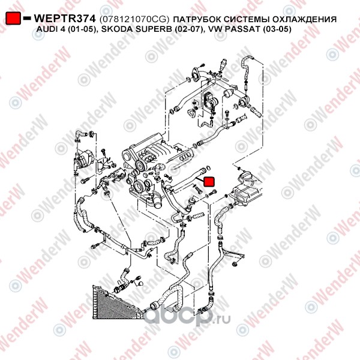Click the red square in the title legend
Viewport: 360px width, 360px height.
[x=13, y=18]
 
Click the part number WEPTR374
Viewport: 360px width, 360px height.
[x=65, y=19]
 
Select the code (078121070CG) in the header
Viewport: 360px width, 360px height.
[x=134, y=19]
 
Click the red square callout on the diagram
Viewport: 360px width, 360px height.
[x=209, y=181]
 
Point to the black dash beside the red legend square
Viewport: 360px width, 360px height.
[x=28, y=19]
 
